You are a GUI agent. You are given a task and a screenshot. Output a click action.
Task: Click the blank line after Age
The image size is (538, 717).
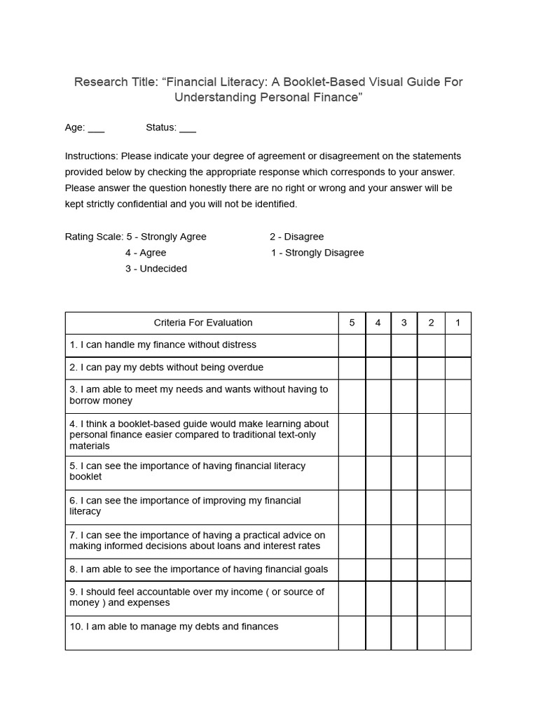(x=97, y=129)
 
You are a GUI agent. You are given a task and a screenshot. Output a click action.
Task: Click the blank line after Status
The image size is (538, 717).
(x=188, y=129)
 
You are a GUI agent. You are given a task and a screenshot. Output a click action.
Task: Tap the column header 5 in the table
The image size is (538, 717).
(x=352, y=323)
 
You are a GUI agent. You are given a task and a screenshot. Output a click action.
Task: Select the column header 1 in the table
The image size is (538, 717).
(x=457, y=323)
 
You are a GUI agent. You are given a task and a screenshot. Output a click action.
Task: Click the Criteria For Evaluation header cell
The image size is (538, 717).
(x=202, y=323)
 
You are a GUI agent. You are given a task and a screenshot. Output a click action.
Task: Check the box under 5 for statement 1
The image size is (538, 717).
(x=352, y=345)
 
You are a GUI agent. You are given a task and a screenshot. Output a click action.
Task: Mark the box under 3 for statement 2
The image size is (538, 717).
(x=404, y=368)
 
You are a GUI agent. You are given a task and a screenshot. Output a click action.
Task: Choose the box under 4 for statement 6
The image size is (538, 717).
(x=378, y=507)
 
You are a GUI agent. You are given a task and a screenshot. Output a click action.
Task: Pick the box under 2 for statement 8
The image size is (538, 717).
(x=431, y=569)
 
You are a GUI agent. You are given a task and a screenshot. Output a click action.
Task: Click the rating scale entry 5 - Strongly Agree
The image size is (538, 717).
(x=166, y=237)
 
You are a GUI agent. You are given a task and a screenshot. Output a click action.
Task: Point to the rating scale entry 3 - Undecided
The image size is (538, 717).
(x=156, y=269)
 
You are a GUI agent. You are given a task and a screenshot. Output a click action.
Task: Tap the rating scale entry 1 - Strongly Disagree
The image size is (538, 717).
(x=317, y=253)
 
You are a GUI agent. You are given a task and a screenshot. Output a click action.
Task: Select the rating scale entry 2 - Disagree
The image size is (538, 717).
(x=296, y=237)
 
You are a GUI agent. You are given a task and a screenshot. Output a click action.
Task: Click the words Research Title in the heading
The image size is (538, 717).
(x=116, y=82)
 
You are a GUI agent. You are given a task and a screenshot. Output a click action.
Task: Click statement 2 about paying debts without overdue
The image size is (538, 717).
(x=166, y=368)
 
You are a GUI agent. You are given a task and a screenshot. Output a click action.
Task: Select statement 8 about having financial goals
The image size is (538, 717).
(x=198, y=569)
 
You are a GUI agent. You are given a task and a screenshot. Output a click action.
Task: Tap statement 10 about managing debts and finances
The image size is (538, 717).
(x=174, y=627)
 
